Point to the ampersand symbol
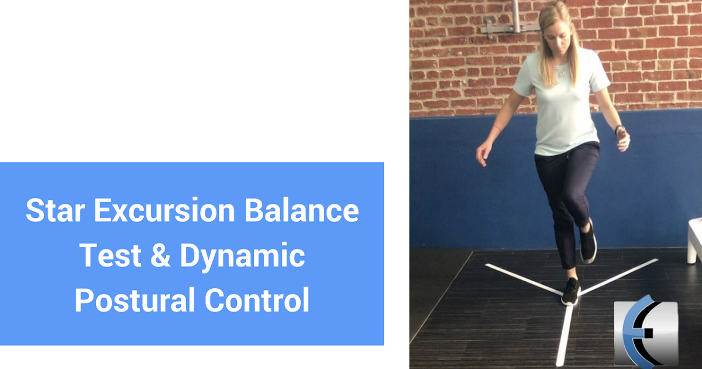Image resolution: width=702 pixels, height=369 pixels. tap(157, 256)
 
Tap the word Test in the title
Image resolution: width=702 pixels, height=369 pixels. tap(109, 256)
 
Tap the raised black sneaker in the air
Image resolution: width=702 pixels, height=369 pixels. tap(588, 242)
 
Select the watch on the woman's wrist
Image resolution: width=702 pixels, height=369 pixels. tap(620, 129)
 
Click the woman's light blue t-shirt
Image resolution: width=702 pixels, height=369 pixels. tap(562, 111)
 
